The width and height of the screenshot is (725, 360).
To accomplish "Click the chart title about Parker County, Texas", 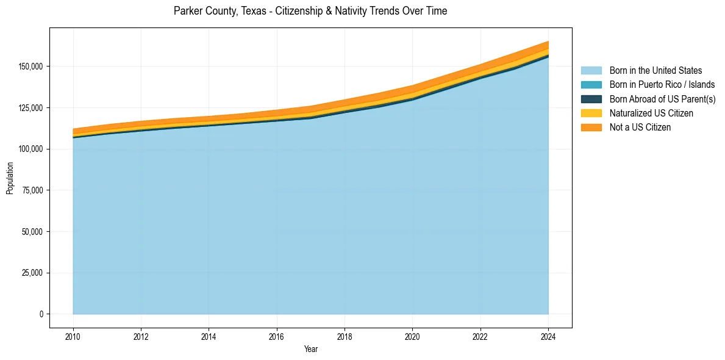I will coord(310,11).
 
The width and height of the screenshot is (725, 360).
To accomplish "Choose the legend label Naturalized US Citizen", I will coord(651,113).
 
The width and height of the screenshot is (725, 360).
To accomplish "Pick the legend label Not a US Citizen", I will coord(640,128).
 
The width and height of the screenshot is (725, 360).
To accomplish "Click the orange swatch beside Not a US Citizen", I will coord(591,128).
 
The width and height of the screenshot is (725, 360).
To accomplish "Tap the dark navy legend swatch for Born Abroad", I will coord(591,99).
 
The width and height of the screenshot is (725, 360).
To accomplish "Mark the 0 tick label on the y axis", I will coord(41,314).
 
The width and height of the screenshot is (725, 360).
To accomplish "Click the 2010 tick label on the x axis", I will coord(73,337).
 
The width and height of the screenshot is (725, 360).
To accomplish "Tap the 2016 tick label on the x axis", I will coord(277,337).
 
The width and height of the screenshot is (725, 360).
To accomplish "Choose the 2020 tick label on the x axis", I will coord(412,337).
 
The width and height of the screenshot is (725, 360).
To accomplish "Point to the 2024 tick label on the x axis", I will coord(548,337).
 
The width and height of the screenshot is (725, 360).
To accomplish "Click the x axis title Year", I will coord(310,350).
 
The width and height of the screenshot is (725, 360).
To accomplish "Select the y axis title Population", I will coord(10,178).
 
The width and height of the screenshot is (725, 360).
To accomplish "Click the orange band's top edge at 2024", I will coord(548,41).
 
